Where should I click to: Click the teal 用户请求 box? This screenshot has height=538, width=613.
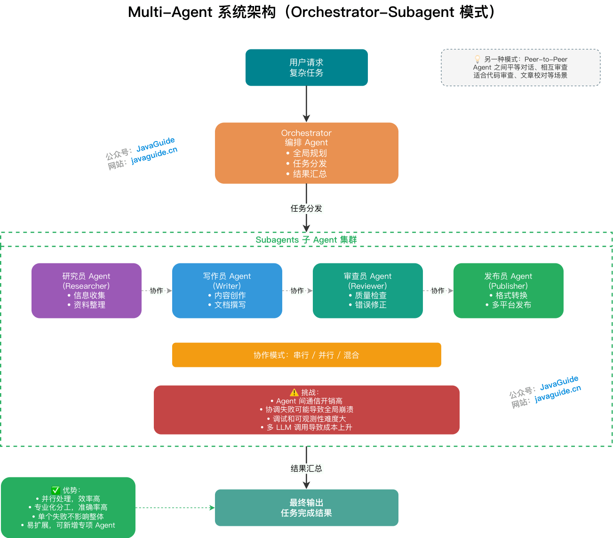point(306,68)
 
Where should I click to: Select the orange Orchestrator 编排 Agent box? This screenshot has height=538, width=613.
point(306,153)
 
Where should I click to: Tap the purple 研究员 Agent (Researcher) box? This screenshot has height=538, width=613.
point(86,291)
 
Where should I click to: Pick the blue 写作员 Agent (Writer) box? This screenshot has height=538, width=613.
point(227,291)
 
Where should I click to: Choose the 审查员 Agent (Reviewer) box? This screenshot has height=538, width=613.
point(367,291)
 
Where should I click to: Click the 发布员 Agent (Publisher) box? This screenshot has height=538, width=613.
point(508,291)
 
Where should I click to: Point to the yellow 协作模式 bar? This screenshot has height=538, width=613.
point(306,355)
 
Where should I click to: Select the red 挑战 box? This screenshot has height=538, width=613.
point(306,410)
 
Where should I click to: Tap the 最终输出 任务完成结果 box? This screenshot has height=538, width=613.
point(306,508)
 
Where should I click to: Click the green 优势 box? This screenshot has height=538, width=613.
point(68,508)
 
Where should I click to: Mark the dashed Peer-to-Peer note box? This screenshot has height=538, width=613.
point(520,68)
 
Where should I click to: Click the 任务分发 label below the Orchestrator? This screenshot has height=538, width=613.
point(306,208)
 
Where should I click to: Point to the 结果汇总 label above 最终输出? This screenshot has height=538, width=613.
point(306,468)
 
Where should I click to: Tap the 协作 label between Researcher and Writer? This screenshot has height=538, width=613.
point(157,291)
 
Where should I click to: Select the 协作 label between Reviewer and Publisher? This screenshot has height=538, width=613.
point(438,291)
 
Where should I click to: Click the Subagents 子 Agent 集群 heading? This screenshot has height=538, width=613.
point(306,240)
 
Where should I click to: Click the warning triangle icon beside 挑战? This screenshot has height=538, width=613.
point(294,392)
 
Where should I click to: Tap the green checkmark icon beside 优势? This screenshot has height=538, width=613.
point(56,490)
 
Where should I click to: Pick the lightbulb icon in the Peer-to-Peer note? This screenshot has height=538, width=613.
point(478,59)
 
